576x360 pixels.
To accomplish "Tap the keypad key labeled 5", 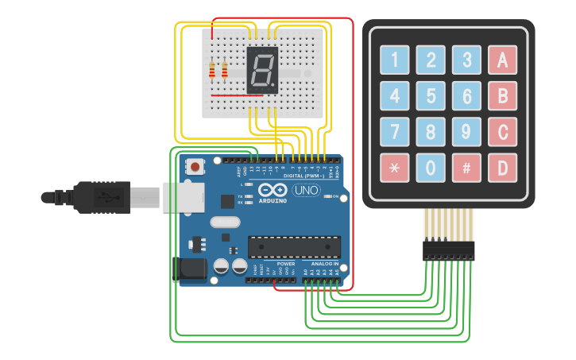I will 430,96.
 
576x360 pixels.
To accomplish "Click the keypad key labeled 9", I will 466,132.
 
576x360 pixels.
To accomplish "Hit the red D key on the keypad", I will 502,168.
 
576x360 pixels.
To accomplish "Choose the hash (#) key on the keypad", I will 466,168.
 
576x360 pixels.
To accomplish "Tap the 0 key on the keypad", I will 430,168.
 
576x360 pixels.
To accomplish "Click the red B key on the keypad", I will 502,96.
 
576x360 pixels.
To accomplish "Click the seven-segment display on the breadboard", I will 263,70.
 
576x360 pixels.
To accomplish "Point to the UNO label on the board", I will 306,191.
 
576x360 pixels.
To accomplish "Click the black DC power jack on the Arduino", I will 190,269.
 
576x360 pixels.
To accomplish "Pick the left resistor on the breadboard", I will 211,72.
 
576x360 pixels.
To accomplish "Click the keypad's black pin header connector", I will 449,250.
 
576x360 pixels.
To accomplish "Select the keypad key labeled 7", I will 394,132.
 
